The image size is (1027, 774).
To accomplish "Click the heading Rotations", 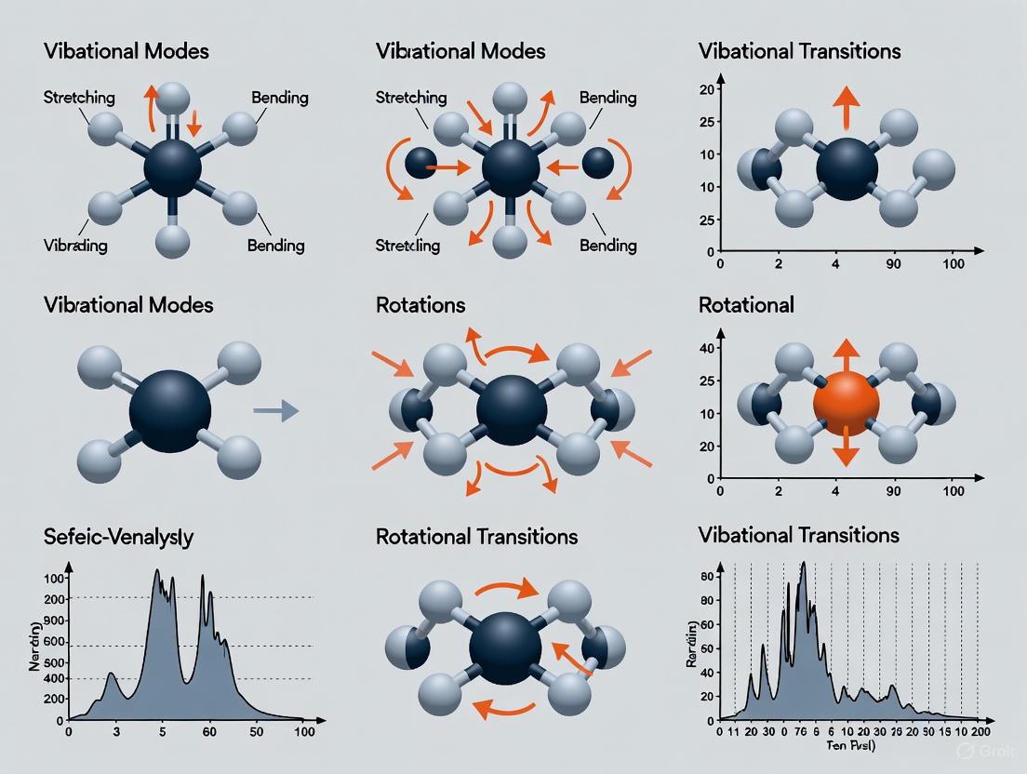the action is [420, 305].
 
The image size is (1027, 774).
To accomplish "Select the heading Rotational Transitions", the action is [476, 537].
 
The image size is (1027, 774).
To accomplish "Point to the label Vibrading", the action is [75, 246].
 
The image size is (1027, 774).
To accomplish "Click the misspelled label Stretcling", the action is [408, 246].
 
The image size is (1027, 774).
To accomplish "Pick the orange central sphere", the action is [846, 403].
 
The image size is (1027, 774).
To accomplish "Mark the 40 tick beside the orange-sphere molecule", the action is [704, 348].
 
